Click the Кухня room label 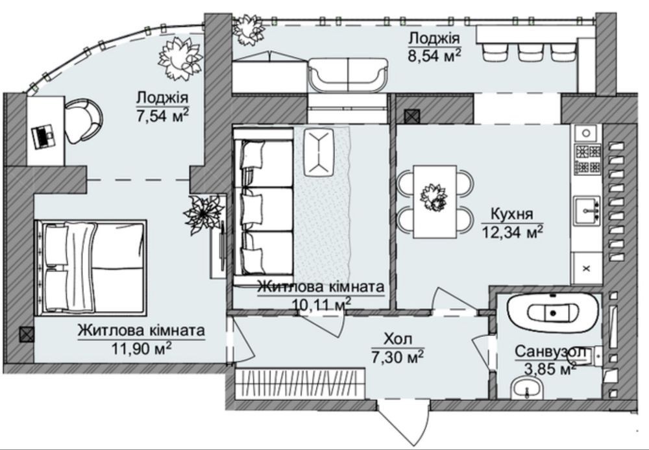[511, 214]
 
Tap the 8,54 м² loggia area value [434, 55]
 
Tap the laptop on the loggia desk [43, 136]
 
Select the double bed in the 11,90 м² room [91, 268]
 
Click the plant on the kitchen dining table [434, 198]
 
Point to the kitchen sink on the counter [587, 210]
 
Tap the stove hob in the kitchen [587, 158]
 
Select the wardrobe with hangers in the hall [300, 383]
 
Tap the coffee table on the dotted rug [319, 152]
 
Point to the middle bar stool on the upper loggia [528, 52]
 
